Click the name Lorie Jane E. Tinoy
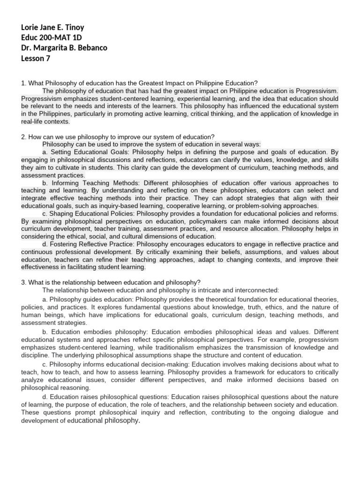click(x=52, y=28)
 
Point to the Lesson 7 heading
click(x=36, y=59)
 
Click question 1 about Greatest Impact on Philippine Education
click(x=139, y=83)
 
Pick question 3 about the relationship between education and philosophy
click(x=111, y=282)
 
